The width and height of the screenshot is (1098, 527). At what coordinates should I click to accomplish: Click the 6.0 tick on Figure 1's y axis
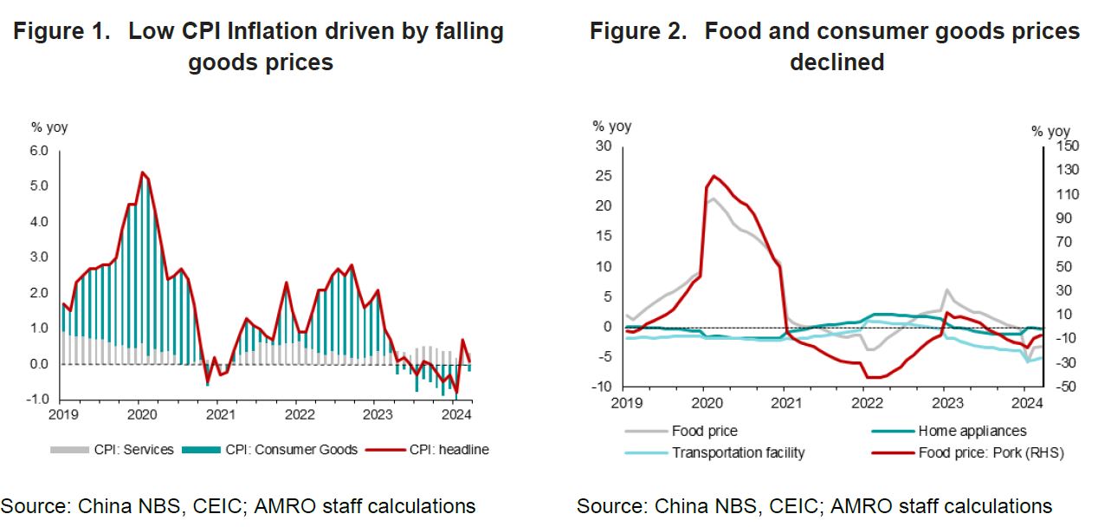pyautogui.click(x=40, y=151)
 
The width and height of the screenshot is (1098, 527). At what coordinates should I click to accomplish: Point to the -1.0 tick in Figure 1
pyautogui.click(x=38, y=400)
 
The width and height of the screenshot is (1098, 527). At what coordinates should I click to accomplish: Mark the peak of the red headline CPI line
pyautogui.click(x=142, y=172)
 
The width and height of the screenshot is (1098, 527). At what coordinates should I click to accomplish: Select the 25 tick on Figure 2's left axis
pyautogui.click(x=604, y=176)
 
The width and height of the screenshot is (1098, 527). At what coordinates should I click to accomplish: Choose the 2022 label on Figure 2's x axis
pyautogui.click(x=866, y=402)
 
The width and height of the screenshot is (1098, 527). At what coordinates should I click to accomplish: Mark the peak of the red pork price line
pyautogui.click(x=714, y=176)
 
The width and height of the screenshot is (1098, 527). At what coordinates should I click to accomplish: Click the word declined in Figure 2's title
pyautogui.click(x=836, y=62)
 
